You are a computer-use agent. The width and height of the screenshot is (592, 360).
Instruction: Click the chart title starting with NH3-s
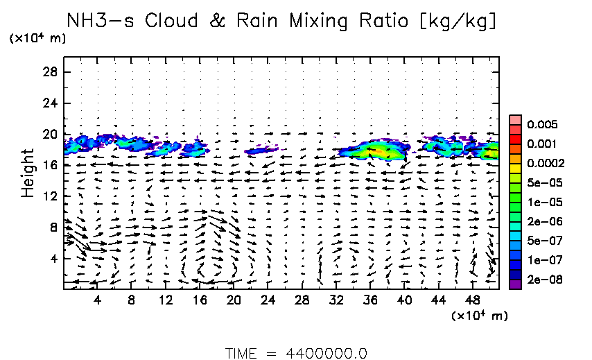click(x=281, y=21)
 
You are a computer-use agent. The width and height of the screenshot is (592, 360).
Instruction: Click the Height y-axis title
click(x=28, y=171)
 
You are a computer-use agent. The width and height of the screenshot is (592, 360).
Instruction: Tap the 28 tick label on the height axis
click(x=50, y=72)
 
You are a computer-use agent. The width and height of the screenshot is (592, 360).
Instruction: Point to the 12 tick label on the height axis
click(x=50, y=196)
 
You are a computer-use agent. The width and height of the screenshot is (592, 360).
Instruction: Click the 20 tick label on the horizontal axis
click(x=233, y=300)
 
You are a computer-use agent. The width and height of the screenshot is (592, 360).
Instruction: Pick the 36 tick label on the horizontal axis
click(x=370, y=300)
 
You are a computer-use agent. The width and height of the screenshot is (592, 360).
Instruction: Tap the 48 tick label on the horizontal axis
click(x=473, y=300)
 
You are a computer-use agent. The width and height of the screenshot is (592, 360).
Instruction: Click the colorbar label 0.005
click(x=539, y=125)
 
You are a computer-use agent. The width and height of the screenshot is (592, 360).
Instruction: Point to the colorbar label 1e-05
click(x=539, y=203)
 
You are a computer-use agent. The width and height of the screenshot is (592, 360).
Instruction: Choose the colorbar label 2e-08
click(x=539, y=280)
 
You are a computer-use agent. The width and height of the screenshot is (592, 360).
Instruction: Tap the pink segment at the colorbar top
click(x=514, y=120)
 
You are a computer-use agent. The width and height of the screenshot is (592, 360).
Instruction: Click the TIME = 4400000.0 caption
click(x=296, y=353)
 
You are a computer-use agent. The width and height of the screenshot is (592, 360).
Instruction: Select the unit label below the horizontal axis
click(x=480, y=316)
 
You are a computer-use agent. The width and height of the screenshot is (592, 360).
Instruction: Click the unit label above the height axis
click(x=37, y=39)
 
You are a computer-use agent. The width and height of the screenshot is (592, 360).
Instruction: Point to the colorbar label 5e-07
click(x=539, y=241)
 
